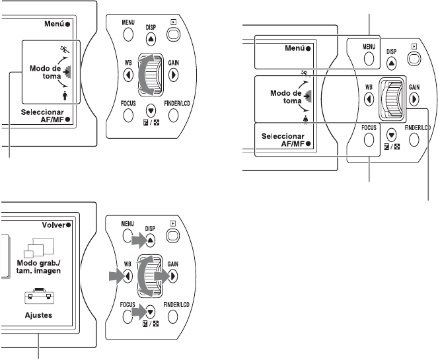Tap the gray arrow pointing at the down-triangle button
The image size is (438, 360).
(x=141, y=310)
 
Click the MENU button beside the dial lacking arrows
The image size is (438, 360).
(x=368, y=57)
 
